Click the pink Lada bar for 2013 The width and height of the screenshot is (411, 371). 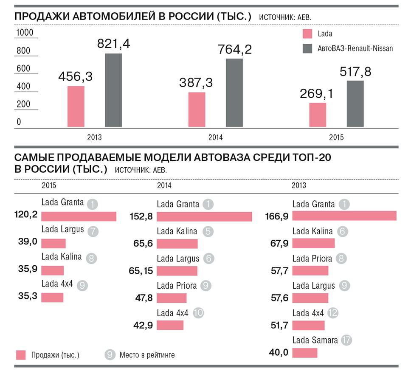(x=76, y=107)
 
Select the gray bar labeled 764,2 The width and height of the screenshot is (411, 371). (x=234, y=93)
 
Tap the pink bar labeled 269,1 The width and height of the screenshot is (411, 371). (x=318, y=115)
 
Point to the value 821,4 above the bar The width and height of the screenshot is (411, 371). (x=113, y=44)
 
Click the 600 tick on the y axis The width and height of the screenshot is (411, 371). (x=23, y=68)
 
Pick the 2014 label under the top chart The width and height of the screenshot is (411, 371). (x=215, y=137)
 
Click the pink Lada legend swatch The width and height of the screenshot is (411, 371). (x=307, y=34)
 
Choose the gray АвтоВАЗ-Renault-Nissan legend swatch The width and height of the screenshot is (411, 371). (x=307, y=48)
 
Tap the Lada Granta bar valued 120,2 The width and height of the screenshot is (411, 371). (x=79, y=216)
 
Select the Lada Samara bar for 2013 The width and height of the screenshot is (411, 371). (x=305, y=353)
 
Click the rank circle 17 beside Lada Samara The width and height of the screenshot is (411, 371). (x=346, y=340)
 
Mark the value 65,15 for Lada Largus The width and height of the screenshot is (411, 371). (x=141, y=271)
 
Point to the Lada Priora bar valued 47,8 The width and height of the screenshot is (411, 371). (x=172, y=298)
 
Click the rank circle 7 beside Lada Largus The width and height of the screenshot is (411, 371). (x=93, y=231)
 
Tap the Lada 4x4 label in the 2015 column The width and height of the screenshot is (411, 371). (x=57, y=284)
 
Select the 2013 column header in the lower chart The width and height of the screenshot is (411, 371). (x=299, y=185)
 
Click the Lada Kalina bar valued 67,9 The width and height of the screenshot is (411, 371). (x=313, y=243)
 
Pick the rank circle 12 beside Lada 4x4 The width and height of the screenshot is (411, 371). (x=333, y=313)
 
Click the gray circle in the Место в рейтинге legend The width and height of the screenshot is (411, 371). (x=110, y=355)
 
